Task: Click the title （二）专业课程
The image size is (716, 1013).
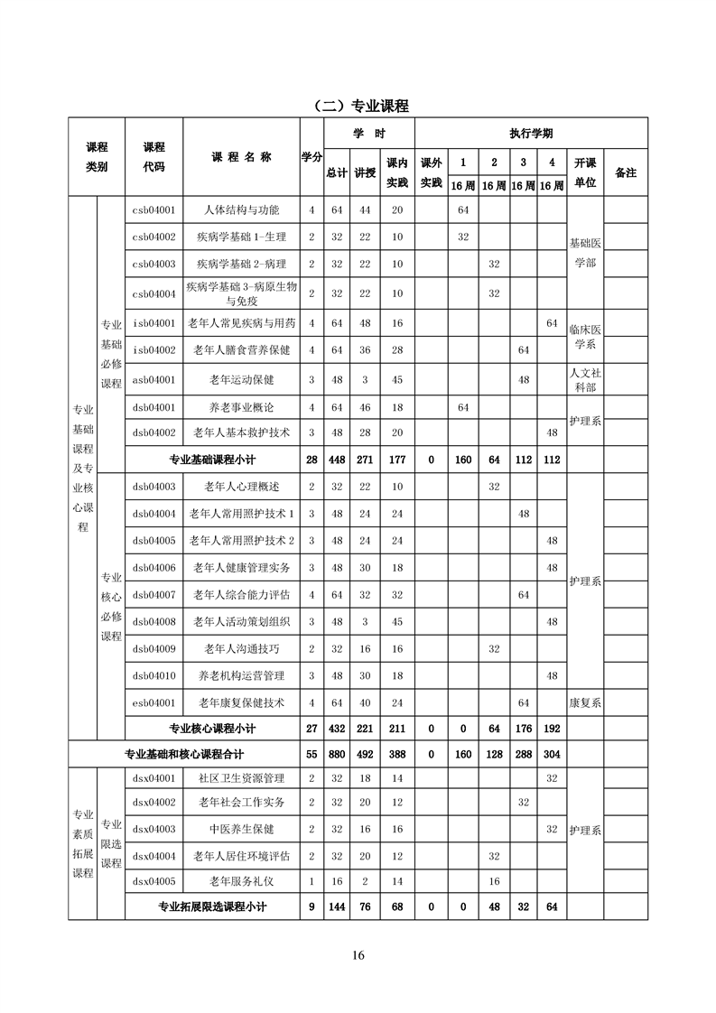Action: tap(358, 106)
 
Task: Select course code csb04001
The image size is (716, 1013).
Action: tap(153, 210)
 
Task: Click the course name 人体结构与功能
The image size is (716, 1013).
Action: tap(241, 210)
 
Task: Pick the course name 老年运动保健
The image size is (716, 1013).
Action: tap(241, 379)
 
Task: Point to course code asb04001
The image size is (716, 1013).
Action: tap(153, 379)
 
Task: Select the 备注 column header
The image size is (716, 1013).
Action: tap(625, 172)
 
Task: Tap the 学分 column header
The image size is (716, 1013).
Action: tap(312, 157)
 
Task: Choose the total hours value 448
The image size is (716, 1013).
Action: tap(337, 460)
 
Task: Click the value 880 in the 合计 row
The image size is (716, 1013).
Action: tap(337, 754)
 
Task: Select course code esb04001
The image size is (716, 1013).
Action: tap(153, 702)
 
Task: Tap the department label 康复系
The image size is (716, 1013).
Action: tap(585, 702)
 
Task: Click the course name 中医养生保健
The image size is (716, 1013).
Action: tap(241, 828)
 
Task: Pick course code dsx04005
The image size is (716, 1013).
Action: tap(153, 880)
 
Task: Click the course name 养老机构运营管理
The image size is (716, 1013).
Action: tap(241, 675)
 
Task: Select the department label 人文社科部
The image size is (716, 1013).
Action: tap(585, 379)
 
